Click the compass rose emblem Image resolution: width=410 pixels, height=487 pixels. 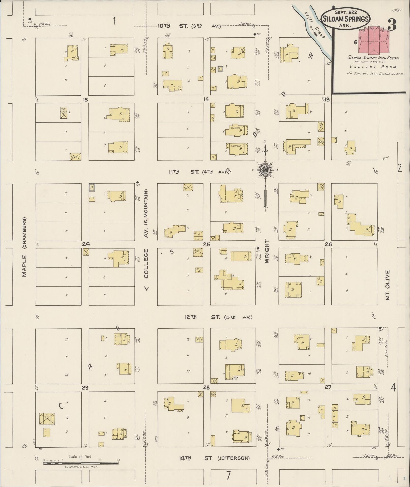[x=265, y=170]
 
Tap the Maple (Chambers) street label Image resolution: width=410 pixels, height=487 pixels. [x=24, y=247]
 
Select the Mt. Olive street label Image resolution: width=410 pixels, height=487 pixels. [x=387, y=285]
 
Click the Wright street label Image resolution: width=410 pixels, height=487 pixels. [x=267, y=251]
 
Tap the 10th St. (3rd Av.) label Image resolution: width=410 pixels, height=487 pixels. [x=189, y=26]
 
